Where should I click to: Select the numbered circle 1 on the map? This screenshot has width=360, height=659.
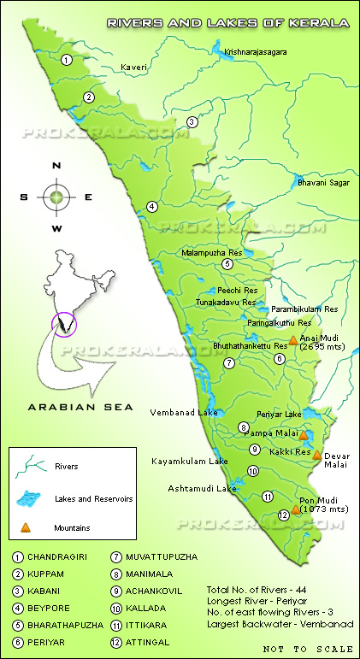[67, 59]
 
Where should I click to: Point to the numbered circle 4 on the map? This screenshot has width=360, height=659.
[152, 206]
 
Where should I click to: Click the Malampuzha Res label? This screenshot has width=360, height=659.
[213, 253]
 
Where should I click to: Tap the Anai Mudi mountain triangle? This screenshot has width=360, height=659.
[292, 340]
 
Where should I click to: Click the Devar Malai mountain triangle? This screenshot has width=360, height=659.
[317, 455]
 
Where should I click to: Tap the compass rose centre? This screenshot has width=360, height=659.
[56, 197]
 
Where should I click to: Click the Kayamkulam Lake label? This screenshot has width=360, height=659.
[190, 462]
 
